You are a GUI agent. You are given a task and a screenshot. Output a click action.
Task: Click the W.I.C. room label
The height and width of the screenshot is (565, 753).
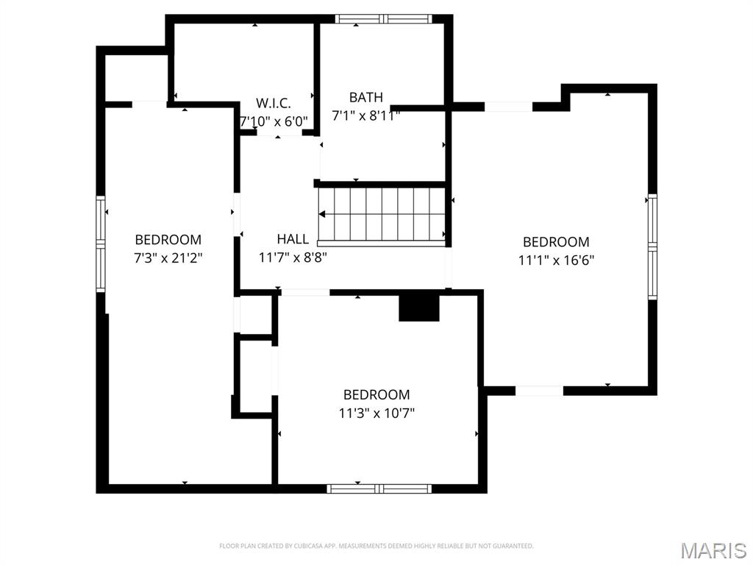coord(274,103)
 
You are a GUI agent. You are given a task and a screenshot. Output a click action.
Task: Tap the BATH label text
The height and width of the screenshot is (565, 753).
coord(365,97)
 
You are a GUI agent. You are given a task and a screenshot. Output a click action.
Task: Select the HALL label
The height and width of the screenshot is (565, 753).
coord(293,239)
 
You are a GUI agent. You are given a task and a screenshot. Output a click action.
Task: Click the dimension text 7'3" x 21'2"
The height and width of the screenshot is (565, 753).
coord(168,258)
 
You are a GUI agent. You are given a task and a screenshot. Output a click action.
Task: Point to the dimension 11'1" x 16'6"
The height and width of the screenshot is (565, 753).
coord(556,260)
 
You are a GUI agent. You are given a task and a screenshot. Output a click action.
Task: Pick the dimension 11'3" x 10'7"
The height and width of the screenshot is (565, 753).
coord(376,413)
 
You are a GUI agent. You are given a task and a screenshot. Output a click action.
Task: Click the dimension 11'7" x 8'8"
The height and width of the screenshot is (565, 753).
coord(293,257)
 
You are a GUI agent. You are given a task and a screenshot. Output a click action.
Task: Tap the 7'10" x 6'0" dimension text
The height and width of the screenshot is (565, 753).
coord(274,121)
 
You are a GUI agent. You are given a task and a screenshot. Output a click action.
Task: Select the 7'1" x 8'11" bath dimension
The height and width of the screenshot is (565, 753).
coord(365,116)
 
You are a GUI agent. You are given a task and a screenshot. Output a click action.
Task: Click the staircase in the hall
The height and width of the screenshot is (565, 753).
coord(382,214)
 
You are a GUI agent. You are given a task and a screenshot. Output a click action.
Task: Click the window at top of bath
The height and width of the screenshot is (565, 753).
coord(382,19)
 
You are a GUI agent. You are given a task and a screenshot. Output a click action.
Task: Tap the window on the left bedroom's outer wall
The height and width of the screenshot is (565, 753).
coord(101,244)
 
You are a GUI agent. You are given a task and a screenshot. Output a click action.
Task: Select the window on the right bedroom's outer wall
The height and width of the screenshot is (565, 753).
coord(652,246)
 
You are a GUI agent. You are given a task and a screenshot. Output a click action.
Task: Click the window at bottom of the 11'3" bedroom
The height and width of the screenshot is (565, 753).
coord(379,488)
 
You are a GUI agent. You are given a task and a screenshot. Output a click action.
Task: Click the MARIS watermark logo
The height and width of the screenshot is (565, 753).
coord(713,550)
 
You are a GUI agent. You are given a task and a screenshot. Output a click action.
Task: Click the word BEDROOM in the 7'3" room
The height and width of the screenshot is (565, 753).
coord(168,240)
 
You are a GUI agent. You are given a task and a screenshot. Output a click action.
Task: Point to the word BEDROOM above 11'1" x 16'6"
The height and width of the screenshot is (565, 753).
coord(556,242)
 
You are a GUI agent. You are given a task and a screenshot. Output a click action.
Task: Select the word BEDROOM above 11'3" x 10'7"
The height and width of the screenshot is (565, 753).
coord(376,395)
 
